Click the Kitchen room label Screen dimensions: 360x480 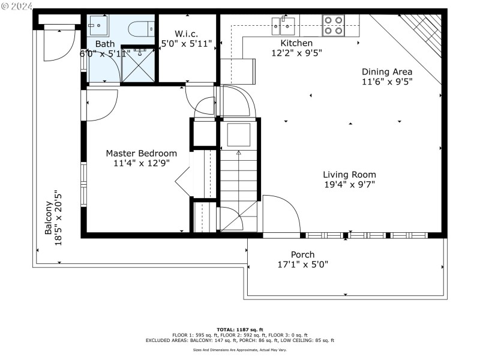[296, 43]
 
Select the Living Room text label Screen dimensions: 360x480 [349, 175]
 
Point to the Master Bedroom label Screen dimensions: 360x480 [142, 153]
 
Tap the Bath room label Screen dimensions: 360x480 [105, 44]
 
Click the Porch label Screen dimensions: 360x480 [303, 254]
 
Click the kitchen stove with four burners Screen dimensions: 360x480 [334, 25]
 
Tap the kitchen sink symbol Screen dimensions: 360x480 [282, 24]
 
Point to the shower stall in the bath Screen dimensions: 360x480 [139, 63]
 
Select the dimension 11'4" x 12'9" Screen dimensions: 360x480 [142, 163]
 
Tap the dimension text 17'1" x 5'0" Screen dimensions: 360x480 [303, 265]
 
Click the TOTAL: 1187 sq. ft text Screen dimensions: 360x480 [240, 330]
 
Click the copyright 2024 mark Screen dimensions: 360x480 [17, 6]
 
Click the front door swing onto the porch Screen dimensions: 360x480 [281, 214]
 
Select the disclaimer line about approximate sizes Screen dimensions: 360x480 [240, 349]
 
